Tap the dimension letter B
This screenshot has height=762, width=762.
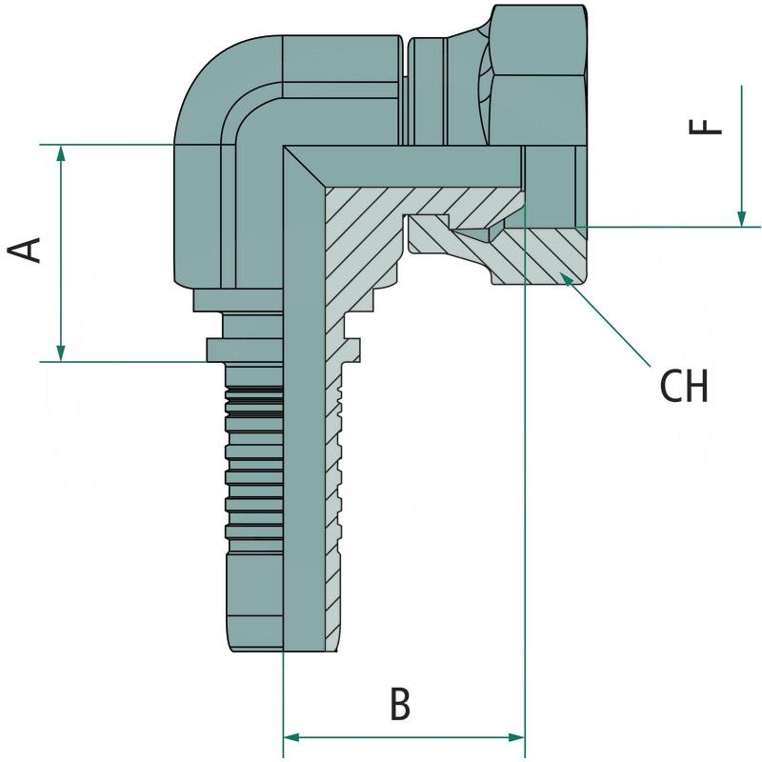(x=400, y=705)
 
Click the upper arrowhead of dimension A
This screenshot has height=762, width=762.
(x=61, y=152)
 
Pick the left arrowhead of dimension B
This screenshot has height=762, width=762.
(x=291, y=737)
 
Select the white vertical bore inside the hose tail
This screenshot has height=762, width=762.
(x=305, y=429)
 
